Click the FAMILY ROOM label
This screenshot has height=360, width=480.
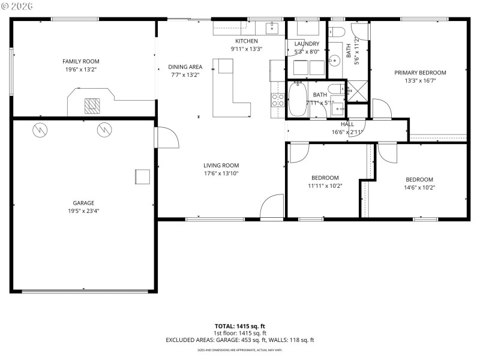(x=81, y=61)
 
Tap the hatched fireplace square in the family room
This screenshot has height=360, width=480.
(x=92, y=106)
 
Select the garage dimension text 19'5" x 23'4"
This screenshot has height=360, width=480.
(x=83, y=211)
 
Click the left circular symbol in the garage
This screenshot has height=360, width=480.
(x=40, y=128)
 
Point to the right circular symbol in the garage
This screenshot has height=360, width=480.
(x=104, y=128)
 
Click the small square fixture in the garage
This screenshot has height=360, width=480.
(x=142, y=176)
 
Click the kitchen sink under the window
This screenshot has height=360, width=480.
(x=271, y=28)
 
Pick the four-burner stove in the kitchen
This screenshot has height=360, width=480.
(x=277, y=100)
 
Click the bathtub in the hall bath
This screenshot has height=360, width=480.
(x=298, y=100)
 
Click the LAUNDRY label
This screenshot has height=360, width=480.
(x=307, y=44)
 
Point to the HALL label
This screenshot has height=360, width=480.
(x=347, y=124)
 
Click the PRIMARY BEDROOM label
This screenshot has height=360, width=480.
(x=420, y=73)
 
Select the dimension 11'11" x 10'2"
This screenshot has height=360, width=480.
(x=325, y=187)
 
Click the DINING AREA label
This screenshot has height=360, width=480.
(x=185, y=67)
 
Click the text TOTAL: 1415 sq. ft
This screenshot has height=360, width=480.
(x=240, y=326)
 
